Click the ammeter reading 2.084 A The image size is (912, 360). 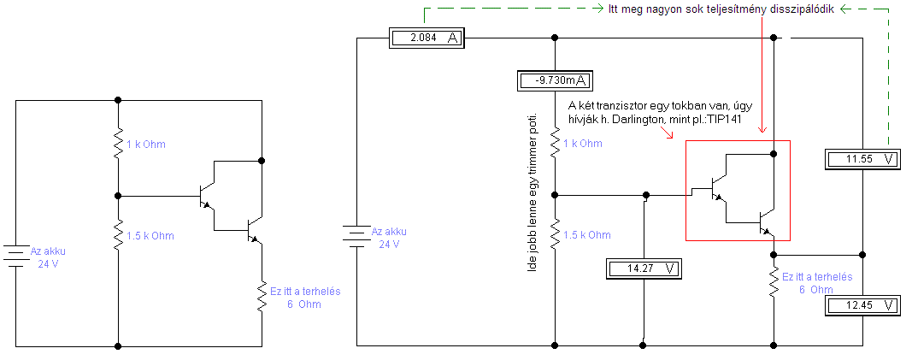coord(426,38)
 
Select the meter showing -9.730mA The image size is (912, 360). coord(556,80)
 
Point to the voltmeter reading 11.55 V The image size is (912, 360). coord(863,159)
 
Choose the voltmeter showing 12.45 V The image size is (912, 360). coord(863,305)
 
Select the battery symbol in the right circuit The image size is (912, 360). coord(356,236)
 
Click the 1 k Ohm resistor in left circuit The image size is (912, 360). coord(117,145)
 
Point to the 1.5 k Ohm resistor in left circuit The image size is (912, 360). coord(117,235)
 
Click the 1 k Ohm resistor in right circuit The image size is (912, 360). coord(556,144)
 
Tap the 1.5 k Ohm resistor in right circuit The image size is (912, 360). coord(556,234)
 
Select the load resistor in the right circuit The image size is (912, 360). coord(774,283)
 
